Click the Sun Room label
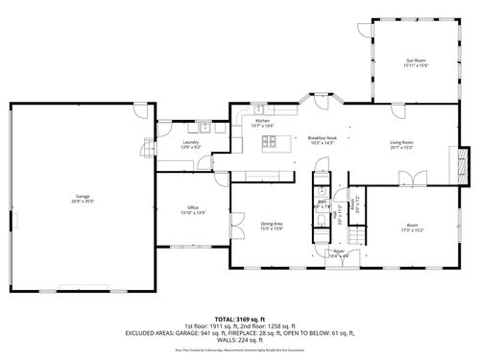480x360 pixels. click(x=416, y=62)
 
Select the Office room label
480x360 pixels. click(x=193, y=209)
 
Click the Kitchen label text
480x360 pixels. click(x=262, y=123)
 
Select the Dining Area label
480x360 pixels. click(x=271, y=226)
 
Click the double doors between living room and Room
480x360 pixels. click(x=415, y=179)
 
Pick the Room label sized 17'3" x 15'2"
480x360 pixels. click(x=412, y=228)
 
